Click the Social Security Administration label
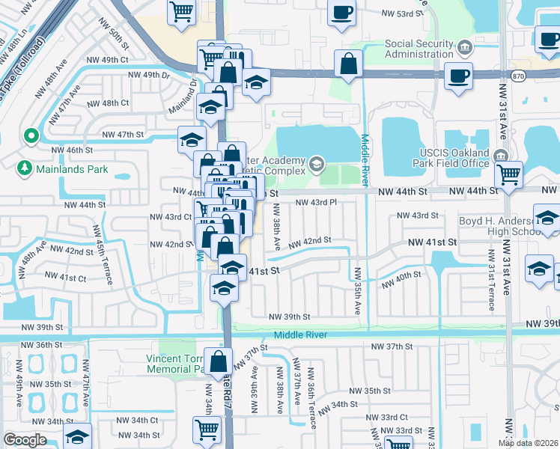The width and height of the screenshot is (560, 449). (419, 49)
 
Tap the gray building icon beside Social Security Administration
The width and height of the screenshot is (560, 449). (464, 49)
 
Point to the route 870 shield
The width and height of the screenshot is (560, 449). (518, 76)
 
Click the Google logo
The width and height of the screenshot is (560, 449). (25, 440)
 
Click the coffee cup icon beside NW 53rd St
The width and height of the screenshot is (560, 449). (342, 13)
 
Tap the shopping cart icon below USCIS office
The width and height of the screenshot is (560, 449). (509, 174)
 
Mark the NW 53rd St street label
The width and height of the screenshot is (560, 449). (397, 13)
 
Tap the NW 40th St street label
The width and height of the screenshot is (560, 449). (402, 281)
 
